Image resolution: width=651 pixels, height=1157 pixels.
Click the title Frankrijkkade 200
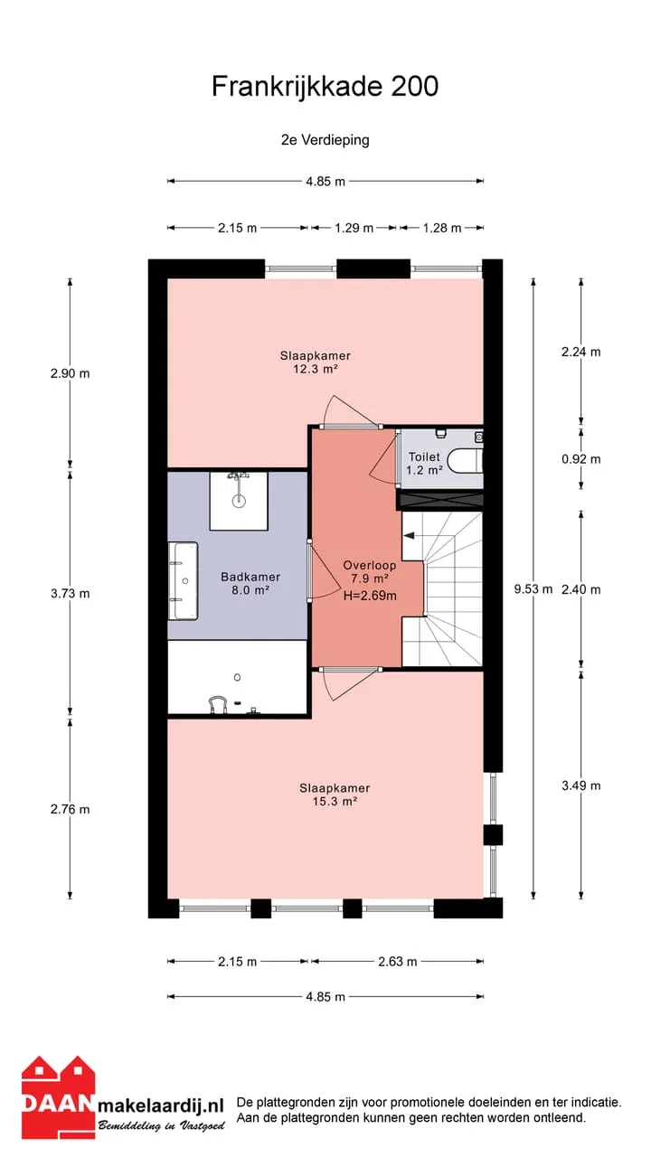pyautogui.click(x=325, y=86)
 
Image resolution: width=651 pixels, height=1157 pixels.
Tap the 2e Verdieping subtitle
pyautogui.click(x=325, y=140)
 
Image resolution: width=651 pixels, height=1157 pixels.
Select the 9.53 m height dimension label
pyautogui.click(x=533, y=588)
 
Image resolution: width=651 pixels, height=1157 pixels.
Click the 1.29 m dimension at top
pyautogui.click(x=354, y=228)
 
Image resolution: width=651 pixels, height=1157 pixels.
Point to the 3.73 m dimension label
pyautogui.click(x=71, y=594)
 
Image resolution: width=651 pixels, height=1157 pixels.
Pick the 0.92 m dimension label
pyautogui.click(x=581, y=459)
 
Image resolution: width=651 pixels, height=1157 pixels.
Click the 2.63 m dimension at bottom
pyautogui.click(x=397, y=961)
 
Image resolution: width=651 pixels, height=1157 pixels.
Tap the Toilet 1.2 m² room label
pyautogui.click(x=424, y=464)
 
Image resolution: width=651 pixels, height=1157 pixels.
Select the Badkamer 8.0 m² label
pyautogui.click(x=250, y=583)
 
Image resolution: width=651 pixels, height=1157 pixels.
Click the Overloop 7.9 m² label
pyautogui.click(x=370, y=572)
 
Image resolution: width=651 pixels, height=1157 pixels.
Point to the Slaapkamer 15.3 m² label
pyautogui.click(x=335, y=795)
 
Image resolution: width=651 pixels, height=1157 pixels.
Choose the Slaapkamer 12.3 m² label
pyautogui.click(x=316, y=362)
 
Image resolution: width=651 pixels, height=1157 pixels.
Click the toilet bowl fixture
pyautogui.click(x=464, y=461)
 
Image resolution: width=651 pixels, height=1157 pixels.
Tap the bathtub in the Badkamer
pyautogui.click(x=183, y=581)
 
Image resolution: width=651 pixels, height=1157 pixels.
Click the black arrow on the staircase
pyautogui.click(x=410, y=536)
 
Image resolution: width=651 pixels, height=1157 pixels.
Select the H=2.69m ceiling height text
pyautogui.click(x=370, y=596)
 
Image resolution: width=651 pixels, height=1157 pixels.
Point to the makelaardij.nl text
pyautogui.click(x=161, y=1105)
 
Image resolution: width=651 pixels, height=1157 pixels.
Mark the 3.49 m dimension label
pyautogui.click(x=581, y=785)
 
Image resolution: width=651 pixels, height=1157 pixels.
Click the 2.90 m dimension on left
pyautogui.click(x=71, y=373)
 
